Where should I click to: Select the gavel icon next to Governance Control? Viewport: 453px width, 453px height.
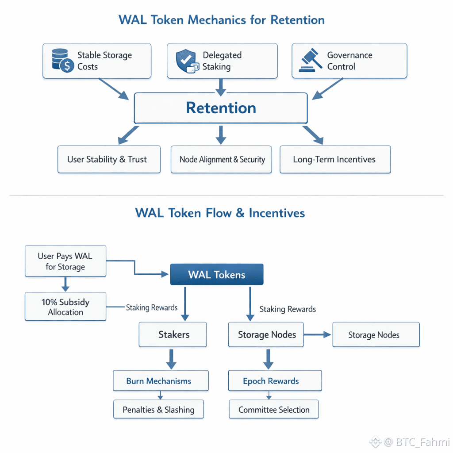pyautogui.click(x=311, y=61)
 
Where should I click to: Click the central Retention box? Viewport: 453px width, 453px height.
pyautogui.click(x=220, y=108)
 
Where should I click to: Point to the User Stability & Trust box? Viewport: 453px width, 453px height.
pyautogui.click(x=108, y=159)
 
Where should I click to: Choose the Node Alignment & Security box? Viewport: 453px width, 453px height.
pyautogui.click(x=222, y=159)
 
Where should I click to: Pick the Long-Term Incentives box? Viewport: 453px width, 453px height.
pyautogui.click(x=335, y=159)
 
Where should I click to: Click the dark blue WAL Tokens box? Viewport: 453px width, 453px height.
pyautogui.click(x=217, y=274)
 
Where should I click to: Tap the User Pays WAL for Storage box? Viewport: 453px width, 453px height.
pyautogui.click(x=65, y=261)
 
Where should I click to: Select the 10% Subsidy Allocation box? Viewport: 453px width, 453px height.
pyautogui.click(x=65, y=307)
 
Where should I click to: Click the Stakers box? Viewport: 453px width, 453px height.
pyautogui.click(x=173, y=334)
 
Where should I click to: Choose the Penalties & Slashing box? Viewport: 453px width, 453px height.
pyautogui.click(x=158, y=410)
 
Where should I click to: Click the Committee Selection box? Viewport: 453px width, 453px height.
pyautogui.click(x=274, y=410)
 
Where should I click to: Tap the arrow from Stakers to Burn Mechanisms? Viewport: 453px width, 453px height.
pyautogui.click(x=171, y=359)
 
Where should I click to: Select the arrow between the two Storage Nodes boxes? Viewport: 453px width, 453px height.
pyautogui.click(x=317, y=335)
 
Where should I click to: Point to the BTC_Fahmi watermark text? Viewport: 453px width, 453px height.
pyautogui.click(x=422, y=441)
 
